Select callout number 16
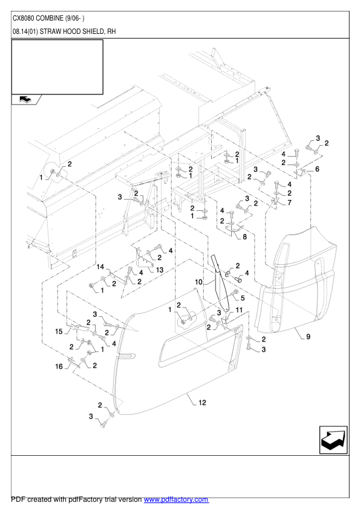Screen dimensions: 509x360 click(x=59, y=366)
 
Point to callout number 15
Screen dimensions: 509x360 click(x=59, y=331)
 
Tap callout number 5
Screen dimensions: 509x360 click(x=243, y=298)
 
